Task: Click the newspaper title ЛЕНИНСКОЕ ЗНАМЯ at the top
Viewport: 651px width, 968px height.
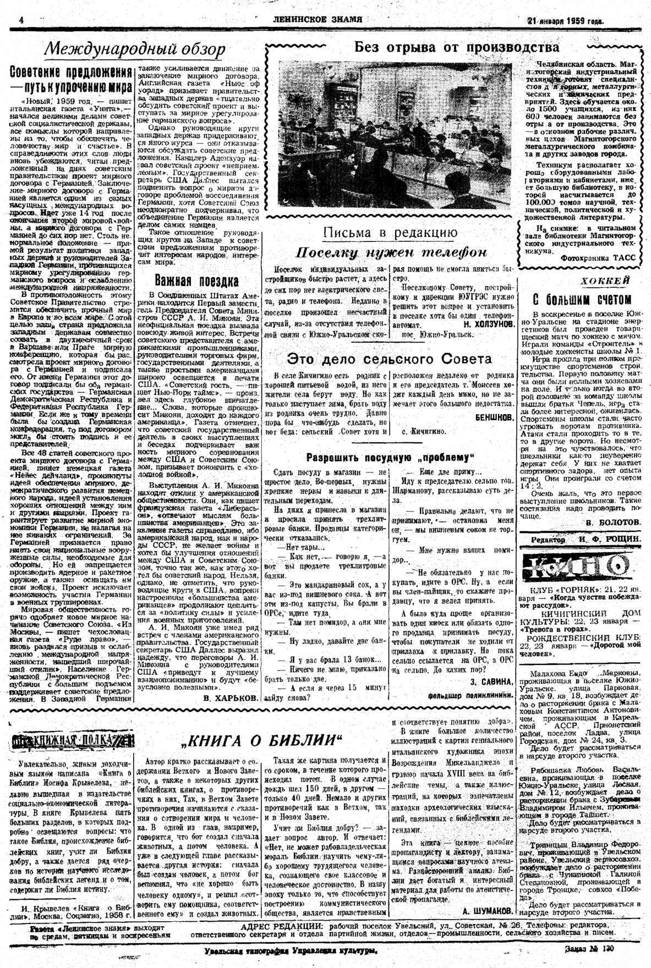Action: (318, 20)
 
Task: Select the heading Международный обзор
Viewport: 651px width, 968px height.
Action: (134, 50)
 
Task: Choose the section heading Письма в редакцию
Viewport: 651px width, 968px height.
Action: (390, 233)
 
